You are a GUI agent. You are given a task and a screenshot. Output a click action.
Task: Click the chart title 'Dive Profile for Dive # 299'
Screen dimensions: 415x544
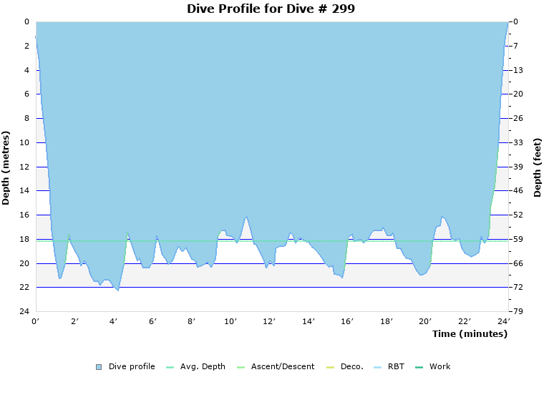tap(271, 9)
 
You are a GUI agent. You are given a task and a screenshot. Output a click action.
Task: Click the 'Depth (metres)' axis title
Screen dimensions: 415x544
tap(6, 167)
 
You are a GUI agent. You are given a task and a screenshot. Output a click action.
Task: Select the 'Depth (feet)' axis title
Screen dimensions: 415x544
tap(537, 167)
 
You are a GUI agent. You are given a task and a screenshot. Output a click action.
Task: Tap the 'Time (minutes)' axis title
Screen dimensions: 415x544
tap(470, 334)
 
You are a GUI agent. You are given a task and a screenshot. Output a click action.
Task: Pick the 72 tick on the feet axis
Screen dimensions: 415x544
tap(518, 288)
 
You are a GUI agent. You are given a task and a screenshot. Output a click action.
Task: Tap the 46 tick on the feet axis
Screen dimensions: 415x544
tap(518, 191)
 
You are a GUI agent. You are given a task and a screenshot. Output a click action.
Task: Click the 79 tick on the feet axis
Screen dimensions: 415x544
tap(518, 312)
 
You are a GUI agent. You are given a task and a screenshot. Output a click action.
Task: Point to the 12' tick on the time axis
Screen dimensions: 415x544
tap(269, 322)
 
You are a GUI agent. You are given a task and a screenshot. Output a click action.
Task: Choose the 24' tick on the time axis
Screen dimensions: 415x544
tap(503, 322)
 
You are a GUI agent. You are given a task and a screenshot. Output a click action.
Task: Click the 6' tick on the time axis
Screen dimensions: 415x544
tap(153, 322)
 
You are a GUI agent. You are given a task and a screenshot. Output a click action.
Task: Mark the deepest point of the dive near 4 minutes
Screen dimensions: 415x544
tap(117, 290)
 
